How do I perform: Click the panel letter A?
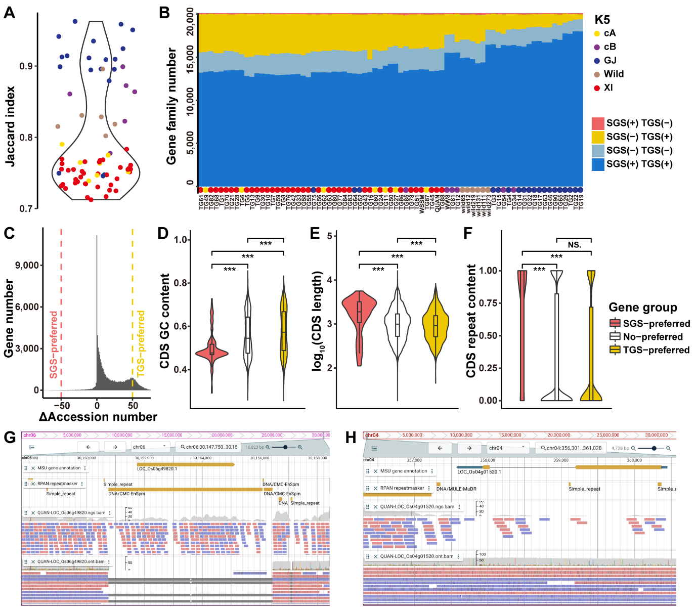click(x=9, y=12)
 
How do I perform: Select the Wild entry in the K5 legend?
click(x=614, y=74)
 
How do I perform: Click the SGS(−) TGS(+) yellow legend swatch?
click(x=598, y=137)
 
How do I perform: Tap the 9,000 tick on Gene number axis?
click(x=28, y=265)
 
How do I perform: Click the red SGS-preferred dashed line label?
click(x=54, y=344)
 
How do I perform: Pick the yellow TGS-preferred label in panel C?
click(x=141, y=343)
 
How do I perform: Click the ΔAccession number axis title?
click(x=98, y=417)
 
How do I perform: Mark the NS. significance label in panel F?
click(x=574, y=245)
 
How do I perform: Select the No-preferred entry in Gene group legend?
click(x=652, y=337)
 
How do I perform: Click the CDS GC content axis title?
click(x=165, y=321)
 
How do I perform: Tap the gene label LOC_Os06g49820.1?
click(x=157, y=469)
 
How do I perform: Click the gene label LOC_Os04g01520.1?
click(x=479, y=472)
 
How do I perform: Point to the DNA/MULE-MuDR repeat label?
click(x=456, y=489)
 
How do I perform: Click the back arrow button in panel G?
click(x=89, y=447)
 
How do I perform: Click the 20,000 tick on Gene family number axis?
click(x=190, y=23)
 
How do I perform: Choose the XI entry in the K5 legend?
click(x=608, y=88)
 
